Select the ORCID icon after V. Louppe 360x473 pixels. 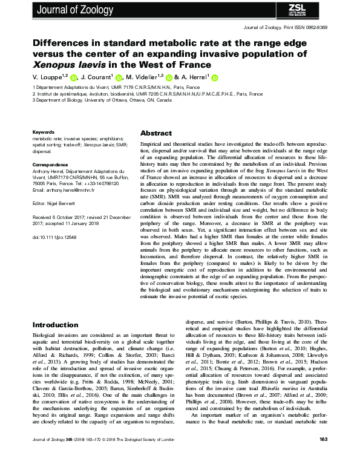(73, 78)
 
